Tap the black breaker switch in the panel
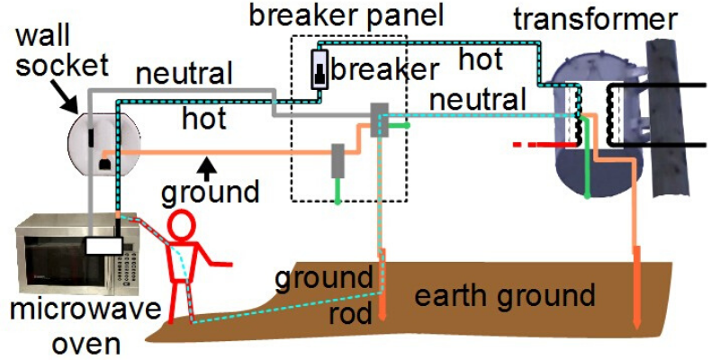click(320, 70)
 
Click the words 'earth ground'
click(505, 295)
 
